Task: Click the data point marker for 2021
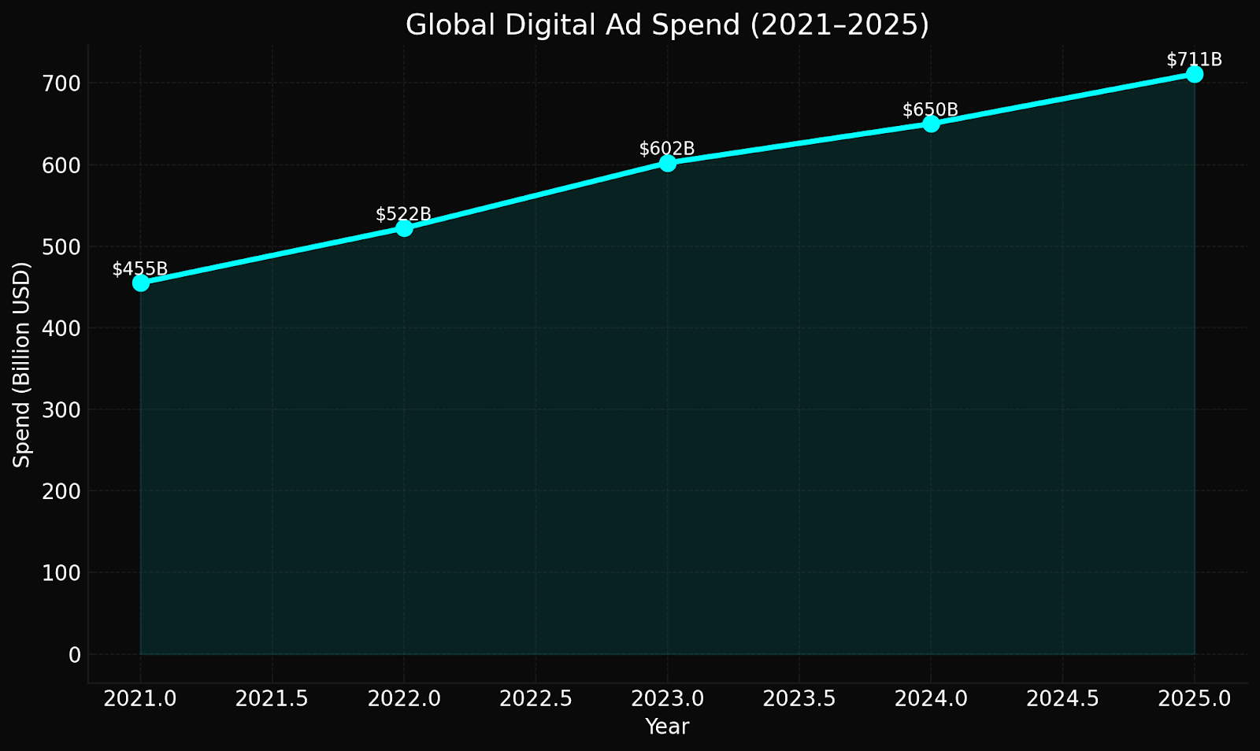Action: [141, 283]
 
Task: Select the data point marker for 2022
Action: [404, 228]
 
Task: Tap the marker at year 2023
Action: [668, 163]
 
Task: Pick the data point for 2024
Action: [931, 124]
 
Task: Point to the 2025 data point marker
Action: [1195, 74]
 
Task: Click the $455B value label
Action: [140, 269]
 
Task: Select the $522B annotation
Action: [403, 214]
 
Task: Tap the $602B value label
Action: [667, 149]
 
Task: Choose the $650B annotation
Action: [930, 110]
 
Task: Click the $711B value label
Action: [1194, 60]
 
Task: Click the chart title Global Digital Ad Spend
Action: [667, 25]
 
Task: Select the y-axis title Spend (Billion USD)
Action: [22, 364]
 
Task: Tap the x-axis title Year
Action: [667, 727]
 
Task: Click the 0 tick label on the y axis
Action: [75, 654]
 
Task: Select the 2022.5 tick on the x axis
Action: [535, 698]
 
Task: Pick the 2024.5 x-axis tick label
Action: [1062, 698]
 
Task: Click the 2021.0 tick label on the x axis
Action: [141, 698]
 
